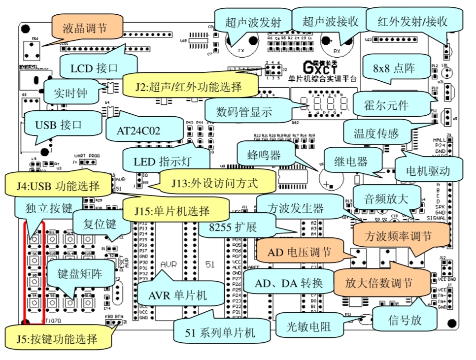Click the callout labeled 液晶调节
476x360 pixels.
[x=85, y=28]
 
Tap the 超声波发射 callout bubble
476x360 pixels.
[x=253, y=22]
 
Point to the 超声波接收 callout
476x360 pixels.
[x=330, y=22]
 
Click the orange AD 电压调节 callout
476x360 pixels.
[x=299, y=252]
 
